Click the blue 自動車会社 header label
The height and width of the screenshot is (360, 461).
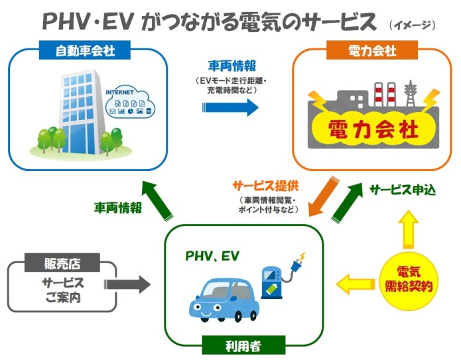coord(84,50)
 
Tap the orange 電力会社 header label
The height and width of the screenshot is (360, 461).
coord(372,50)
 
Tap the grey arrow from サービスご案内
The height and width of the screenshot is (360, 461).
coord(129,285)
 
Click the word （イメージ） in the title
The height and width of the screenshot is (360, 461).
coord(412,25)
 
